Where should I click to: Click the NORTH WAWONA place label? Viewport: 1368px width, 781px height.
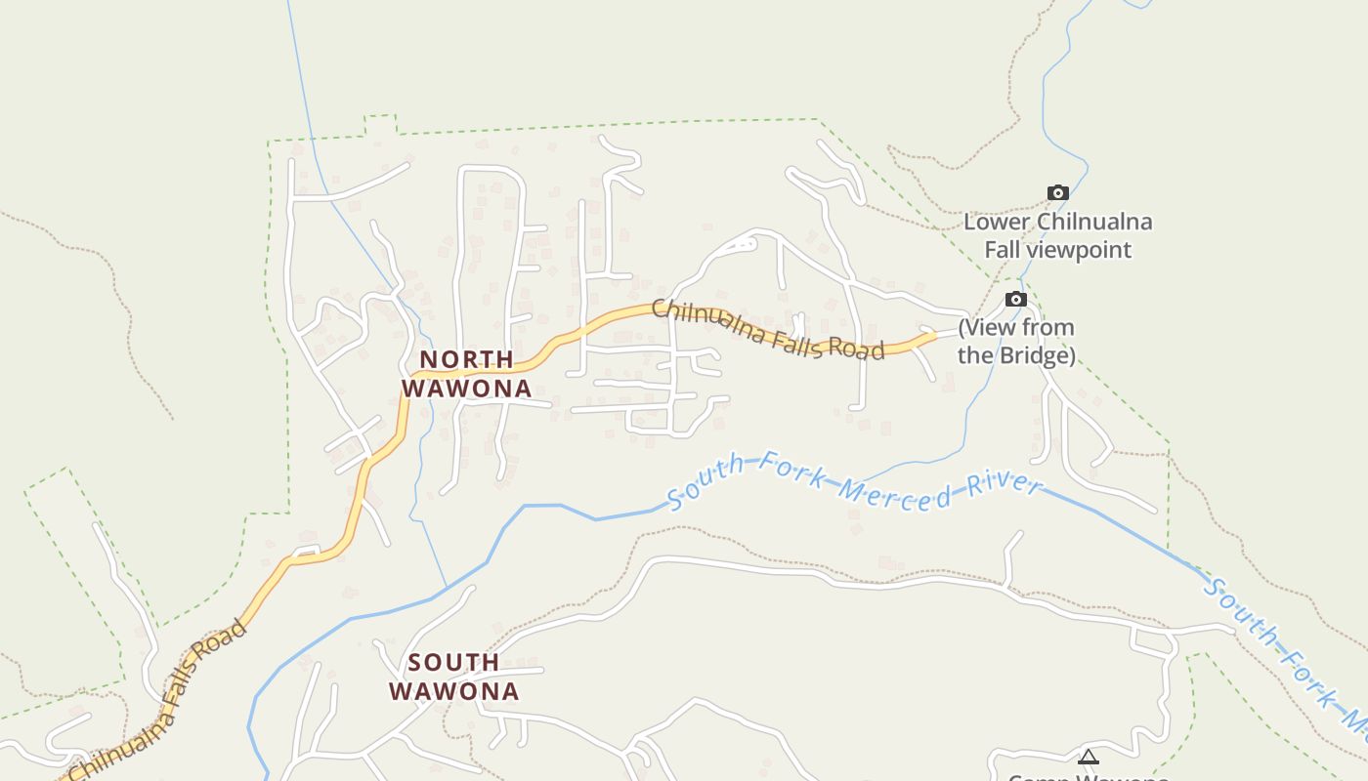click(x=467, y=374)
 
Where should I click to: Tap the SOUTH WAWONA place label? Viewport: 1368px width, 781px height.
click(x=453, y=677)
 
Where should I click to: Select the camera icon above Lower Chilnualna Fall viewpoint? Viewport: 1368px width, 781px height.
click(x=1057, y=192)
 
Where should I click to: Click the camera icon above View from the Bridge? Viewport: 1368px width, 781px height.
click(x=1016, y=299)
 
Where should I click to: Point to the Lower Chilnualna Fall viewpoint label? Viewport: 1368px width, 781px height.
click(x=1057, y=235)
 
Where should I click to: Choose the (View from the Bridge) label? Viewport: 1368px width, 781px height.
click(x=1016, y=341)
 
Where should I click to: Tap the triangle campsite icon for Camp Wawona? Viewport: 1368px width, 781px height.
click(x=1088, y=757)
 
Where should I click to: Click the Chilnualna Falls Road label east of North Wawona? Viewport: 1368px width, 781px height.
click(x=768, y=330)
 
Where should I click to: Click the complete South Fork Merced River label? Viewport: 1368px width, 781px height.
click(x=854, y=481)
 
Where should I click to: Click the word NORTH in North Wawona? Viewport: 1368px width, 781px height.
click(x=467, y=359)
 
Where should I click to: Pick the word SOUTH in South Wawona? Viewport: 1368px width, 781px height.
click(x=453, y=663)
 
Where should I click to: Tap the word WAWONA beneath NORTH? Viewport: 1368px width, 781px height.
click(x=467, y=389)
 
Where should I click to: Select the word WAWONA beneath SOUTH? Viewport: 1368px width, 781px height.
click(x=453, y=691)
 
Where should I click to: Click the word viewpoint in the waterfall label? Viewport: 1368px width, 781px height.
click(x=1079, y=250)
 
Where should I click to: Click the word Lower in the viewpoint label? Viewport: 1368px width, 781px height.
click(x=997, y=222)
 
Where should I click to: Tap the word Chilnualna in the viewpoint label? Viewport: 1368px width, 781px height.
click(x=1094, y=222)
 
